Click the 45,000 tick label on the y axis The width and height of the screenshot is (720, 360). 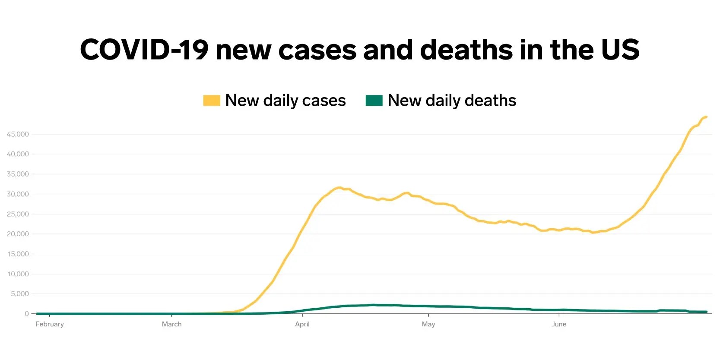pyautogui.click(x=18, y=134)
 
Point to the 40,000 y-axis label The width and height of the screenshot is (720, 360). pyautogui.click(x=18, y=154)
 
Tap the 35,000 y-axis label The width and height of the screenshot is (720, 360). pyautogui.click(x=18, y=174)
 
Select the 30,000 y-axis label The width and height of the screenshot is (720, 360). pyautogui.click(x=18, y=194)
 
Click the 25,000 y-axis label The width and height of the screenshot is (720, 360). pyautogui.click(x=18, y=214)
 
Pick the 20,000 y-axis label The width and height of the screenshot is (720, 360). pyautogui.click(x=18, y=234)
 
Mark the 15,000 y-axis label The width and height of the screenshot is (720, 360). pyautogui.click(x=18, y=254)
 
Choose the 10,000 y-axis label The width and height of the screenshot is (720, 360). pyautogui.click(x=18, y=274)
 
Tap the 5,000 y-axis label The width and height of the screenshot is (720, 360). pyautogui.click(x=19, y=294)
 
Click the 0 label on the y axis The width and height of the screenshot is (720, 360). pyautogui.click(x=27, y=314)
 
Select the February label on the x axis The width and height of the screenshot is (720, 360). pyautogui.click(x=50, y=324)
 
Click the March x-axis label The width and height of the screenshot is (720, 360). pyautogui.click(x=171, y=324)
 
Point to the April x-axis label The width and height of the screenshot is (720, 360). pyautogui.click(x=302, y=324)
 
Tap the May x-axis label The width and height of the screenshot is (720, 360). pyautogui.click(x=428, y=324)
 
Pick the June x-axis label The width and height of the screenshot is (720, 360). pyautogui.click(x=559, y=324)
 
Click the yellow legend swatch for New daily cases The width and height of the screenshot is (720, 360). pyautogui.click(x=212, y=101)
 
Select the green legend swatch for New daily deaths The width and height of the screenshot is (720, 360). pyautogui.click(x=374, y=101)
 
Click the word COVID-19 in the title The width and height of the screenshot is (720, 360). pyautogui.click(x=144, y=50)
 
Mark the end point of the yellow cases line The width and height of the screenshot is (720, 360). pyautogui.click(x=706, y=117)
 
